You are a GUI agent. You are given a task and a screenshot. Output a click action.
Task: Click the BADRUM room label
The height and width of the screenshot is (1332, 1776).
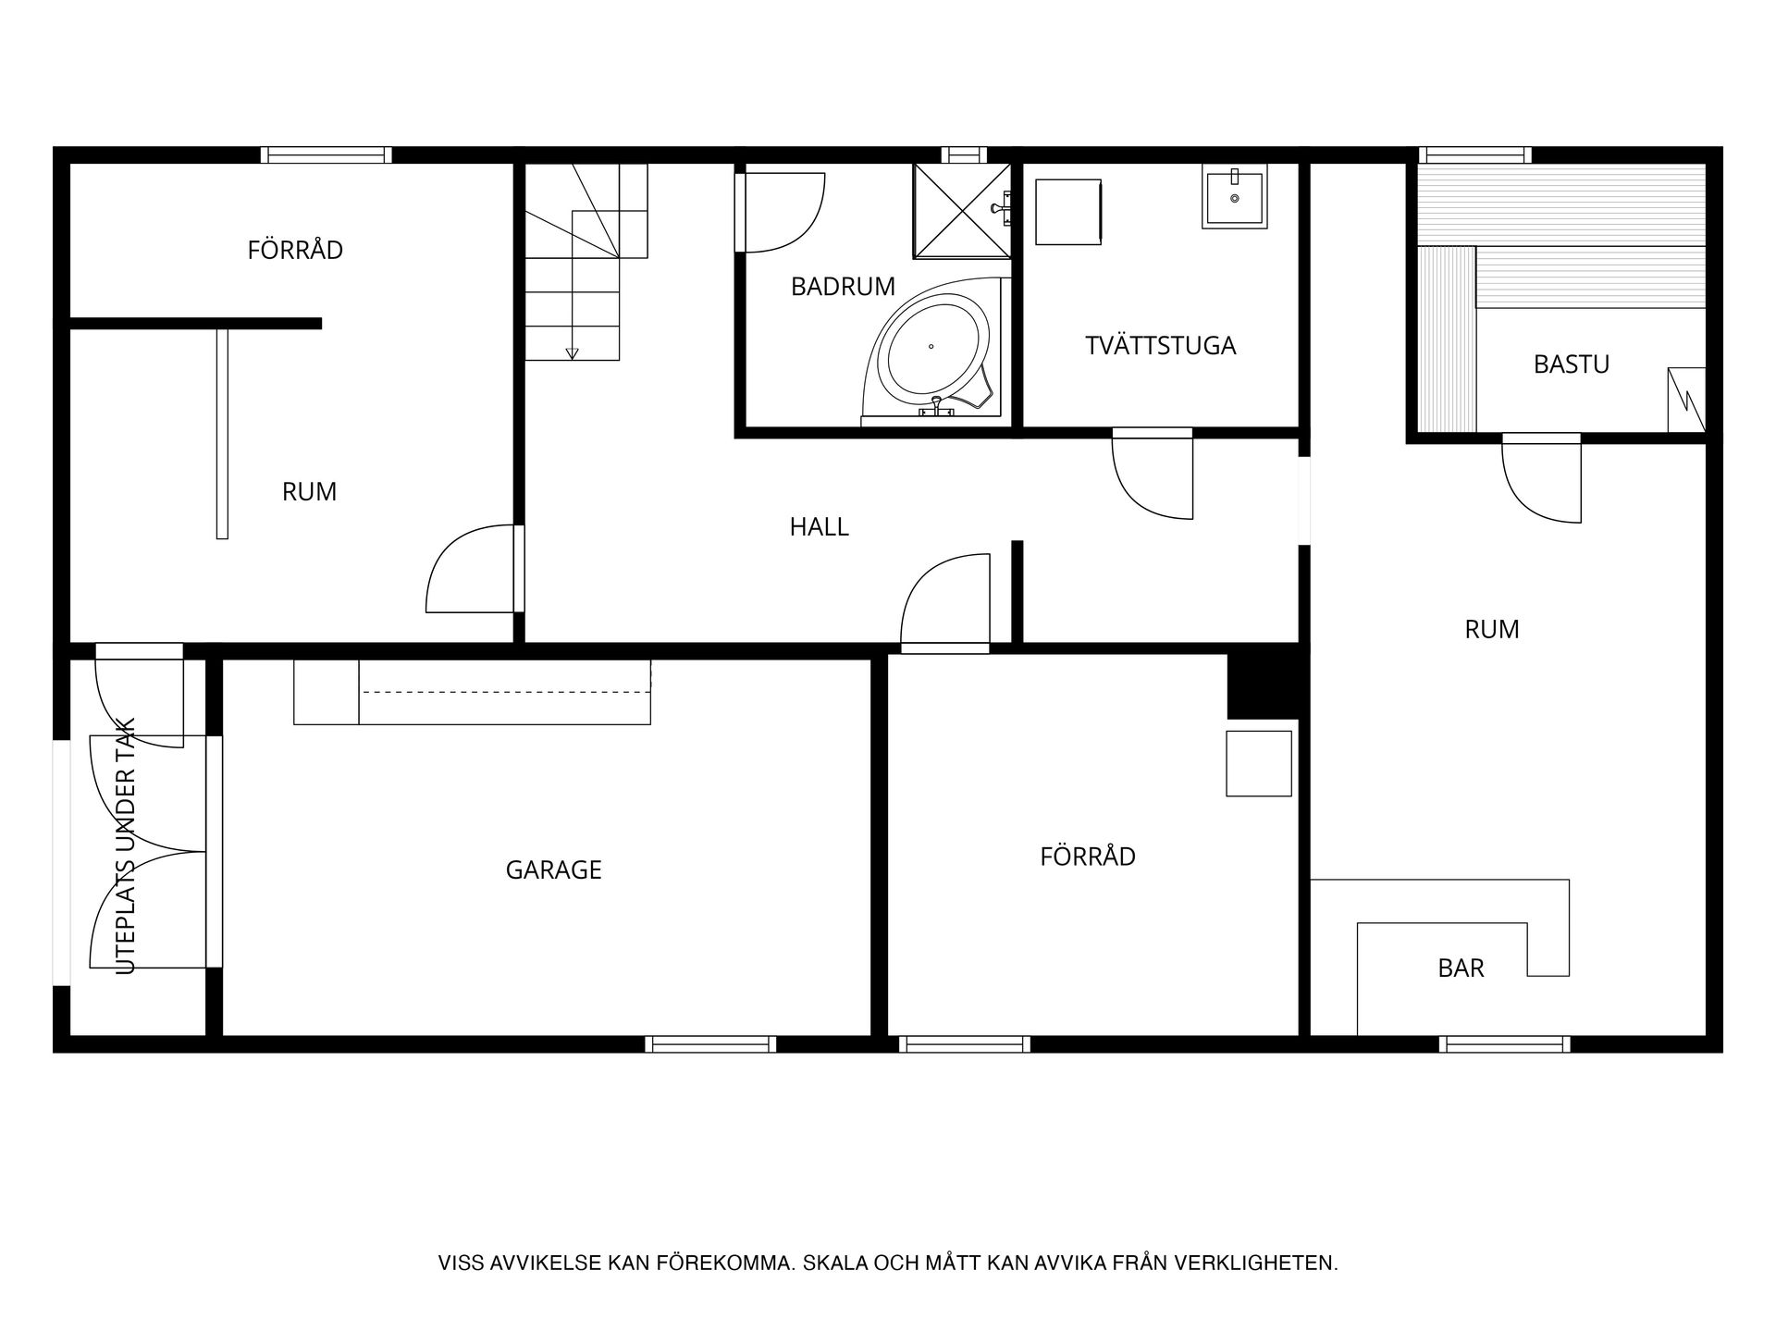point(843,287)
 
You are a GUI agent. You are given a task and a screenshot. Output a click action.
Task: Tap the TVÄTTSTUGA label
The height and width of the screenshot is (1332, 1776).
point(1160,345)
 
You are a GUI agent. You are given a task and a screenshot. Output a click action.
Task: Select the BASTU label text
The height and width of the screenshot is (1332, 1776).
point(1571,364)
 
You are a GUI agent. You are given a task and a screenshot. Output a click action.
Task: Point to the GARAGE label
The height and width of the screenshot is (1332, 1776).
point(553,869)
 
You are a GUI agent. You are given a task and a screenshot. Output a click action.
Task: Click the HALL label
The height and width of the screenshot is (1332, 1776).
point(819,527)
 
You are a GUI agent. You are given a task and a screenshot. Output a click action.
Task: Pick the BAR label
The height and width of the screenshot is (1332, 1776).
point(1461,968)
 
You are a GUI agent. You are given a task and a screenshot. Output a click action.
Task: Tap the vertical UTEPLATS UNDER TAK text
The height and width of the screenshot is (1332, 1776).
point(127,845)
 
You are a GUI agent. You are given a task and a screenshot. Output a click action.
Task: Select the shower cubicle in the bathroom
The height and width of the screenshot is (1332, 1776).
point(962,211)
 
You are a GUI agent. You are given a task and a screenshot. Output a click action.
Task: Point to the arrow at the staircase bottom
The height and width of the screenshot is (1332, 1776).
point(572,353)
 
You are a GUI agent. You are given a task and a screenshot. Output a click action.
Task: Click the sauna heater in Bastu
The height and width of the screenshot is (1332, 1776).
point(1686,400)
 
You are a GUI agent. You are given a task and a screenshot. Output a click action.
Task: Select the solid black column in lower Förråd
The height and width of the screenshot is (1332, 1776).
point(1264,685)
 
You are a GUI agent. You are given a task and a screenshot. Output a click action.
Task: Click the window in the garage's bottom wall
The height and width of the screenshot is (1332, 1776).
point(710,1044)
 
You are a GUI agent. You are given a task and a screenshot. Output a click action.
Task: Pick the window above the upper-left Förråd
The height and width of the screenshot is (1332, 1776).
point(326,154)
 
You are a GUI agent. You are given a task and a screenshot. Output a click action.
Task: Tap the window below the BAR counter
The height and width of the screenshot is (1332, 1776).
point(1504,1044)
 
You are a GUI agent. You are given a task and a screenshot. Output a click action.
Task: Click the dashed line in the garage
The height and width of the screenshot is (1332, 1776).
point(505,692)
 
